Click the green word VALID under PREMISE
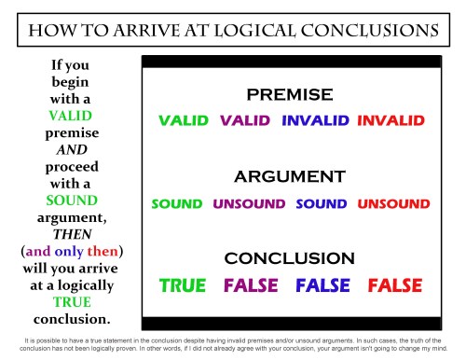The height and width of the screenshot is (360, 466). pos(185,120)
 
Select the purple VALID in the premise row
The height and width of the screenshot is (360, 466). pos(246,120)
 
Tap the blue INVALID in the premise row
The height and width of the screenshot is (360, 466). pos(315,120)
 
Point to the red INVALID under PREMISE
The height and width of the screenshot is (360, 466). pos(391,120)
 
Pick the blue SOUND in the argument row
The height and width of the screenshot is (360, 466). pos(322,203)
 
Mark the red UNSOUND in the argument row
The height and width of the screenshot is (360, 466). pos(393,203)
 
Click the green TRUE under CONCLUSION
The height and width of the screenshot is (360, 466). pos(184,285)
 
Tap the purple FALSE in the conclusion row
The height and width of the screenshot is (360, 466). pos(251,285)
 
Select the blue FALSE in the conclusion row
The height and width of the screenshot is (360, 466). pos(322,285)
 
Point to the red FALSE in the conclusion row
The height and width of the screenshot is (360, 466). pos(395,285)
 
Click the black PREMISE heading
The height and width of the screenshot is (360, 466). pos(289,95)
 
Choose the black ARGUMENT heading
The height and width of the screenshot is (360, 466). pos(289,176)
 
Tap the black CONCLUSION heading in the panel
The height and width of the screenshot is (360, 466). pos(289,257)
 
